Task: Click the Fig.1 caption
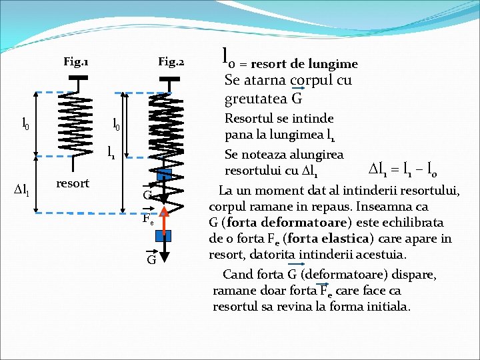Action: click(x=76, y=63)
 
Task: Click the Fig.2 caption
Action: click(x=171, y=63)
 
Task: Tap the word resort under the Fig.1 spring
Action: click(x=73, y=183)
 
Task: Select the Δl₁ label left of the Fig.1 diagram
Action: click(x=21, y=191)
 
